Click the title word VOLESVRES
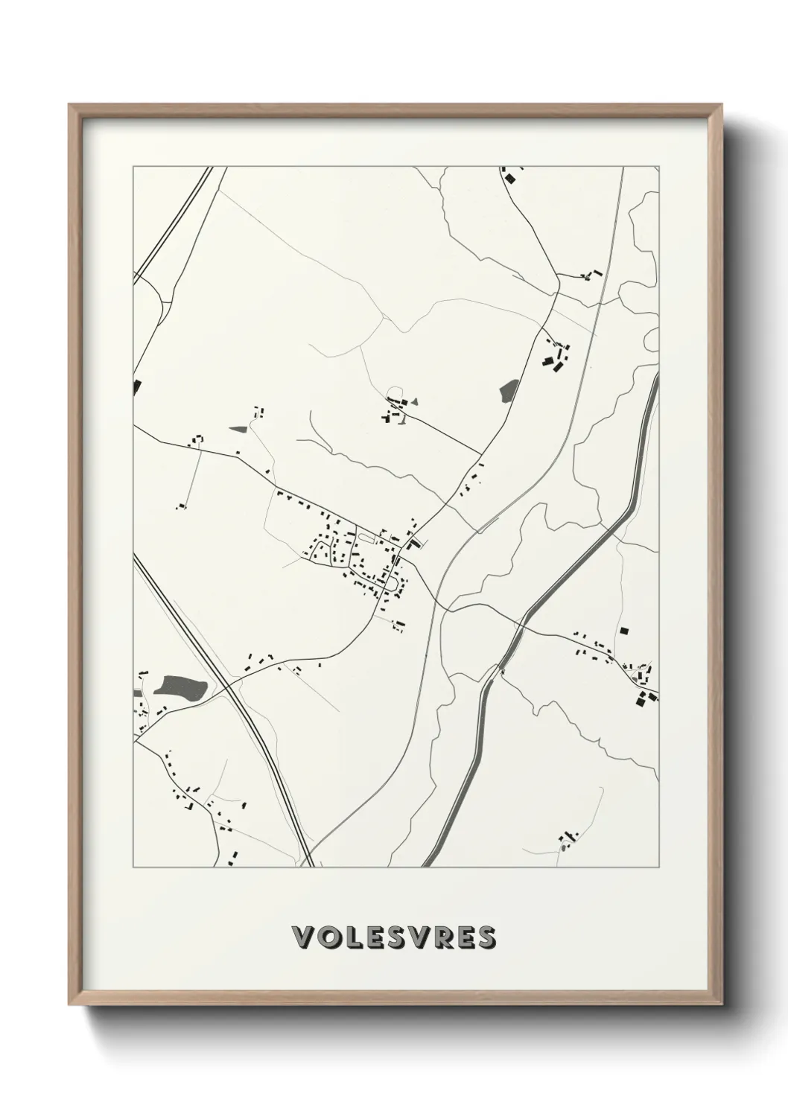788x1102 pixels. pyautogui.click(x=395, y=937)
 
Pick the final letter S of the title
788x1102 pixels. pyautogui.click(x=486, y=937)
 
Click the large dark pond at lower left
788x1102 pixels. pyautogui.click(x=179, y=687)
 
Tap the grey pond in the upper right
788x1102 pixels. pyautogui.click(x=509, y=389)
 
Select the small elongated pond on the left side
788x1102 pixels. pyautogui.click(x=238, y=429)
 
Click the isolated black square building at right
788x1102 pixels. pyautogui.click(x=624, y=631)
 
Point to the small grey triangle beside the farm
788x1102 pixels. pyautogui.click(x=416, y=401)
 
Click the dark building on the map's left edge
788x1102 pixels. pyautogui.click(x=137, y=386)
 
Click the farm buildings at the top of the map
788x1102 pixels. pyautogui.click(x=509, y=176)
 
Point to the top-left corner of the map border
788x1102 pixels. pyautogui.click(x=133, y=168)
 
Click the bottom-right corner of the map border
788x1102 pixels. pyautogui.click(x=659, y=867)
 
